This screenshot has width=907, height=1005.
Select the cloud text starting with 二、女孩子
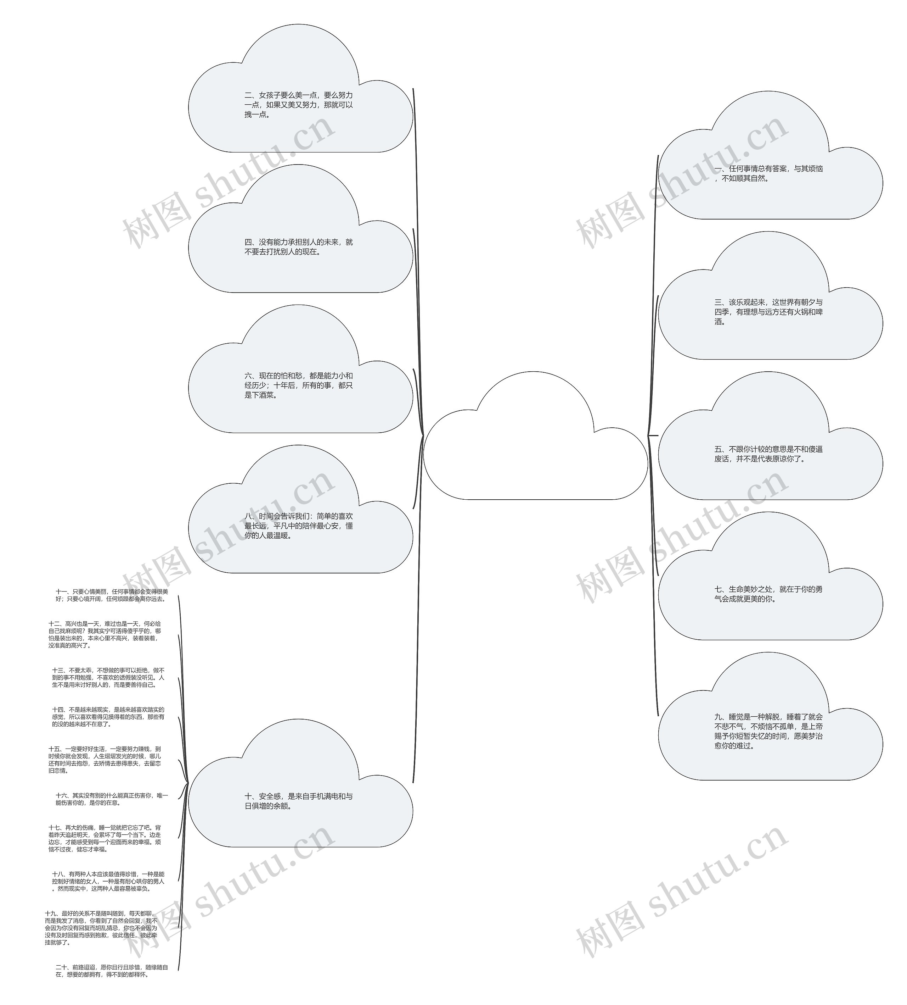point(298,105)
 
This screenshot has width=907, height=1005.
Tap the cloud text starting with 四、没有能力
point(298,247)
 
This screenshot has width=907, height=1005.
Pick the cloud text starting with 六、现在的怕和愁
point(298,385)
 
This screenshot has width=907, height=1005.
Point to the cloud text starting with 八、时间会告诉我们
point(298,526)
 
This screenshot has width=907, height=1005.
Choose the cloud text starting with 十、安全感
point(298,801)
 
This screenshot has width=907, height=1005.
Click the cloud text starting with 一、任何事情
point(768,173)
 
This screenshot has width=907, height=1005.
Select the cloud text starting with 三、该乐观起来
point(768,312)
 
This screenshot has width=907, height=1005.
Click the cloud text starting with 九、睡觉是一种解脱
point(768,731)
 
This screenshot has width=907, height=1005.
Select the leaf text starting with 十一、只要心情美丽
point(112,595)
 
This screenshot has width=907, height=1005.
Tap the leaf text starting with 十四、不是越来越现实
point(108,717)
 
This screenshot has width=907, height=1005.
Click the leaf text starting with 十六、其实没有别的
point(112,799)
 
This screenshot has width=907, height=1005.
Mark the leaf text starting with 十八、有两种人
point(108,881)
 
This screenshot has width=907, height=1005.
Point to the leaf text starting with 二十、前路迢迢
point(112,971)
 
